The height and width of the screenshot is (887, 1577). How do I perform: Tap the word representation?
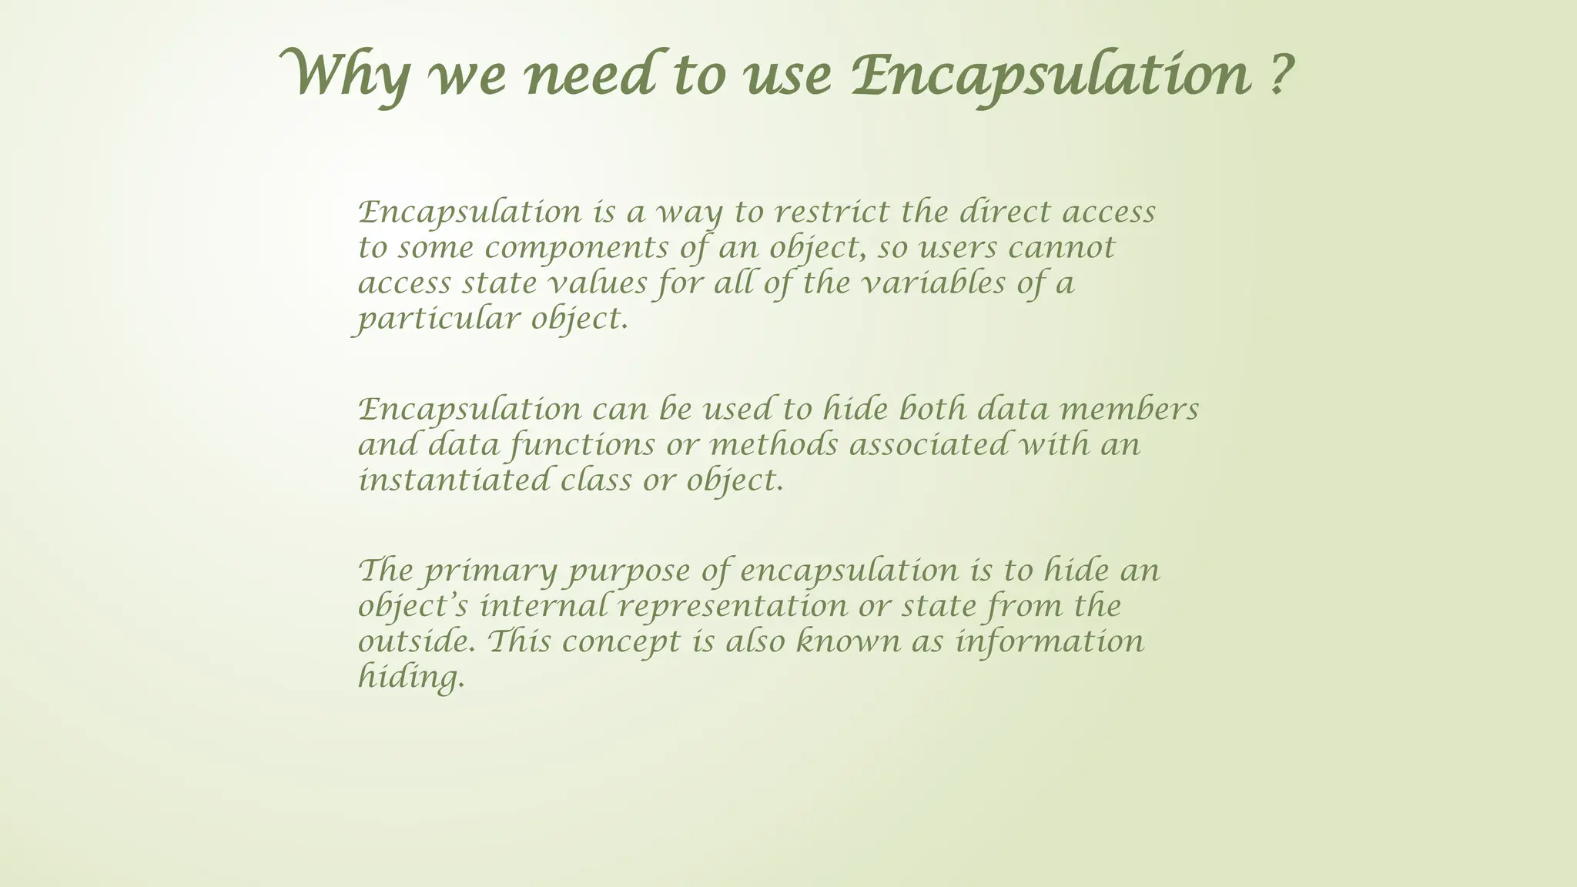732,607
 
